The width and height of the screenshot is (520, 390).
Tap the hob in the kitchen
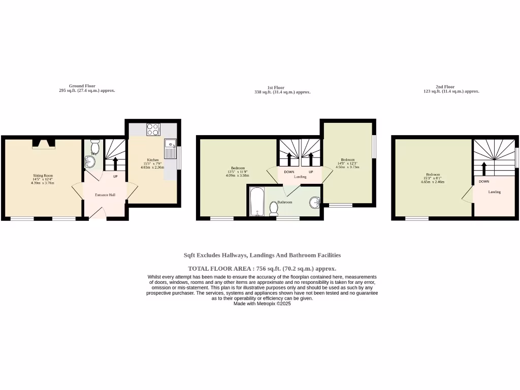click(153, 129)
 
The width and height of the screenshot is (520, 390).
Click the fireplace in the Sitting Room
click(43, 144)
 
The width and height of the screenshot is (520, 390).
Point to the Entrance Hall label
click(105, 195)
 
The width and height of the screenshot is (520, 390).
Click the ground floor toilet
click(93, 147)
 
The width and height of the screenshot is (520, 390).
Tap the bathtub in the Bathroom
click(255, 202)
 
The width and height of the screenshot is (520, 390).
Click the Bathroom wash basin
click(315, 203)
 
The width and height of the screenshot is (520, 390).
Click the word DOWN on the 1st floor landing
click(289, 172)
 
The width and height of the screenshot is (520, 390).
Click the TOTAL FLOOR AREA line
click(262, 269)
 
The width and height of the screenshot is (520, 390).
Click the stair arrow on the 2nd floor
click(483, 168)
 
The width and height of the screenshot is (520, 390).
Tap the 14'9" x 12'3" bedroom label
click(347, 162)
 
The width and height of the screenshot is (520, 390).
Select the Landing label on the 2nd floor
click(494, 192)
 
